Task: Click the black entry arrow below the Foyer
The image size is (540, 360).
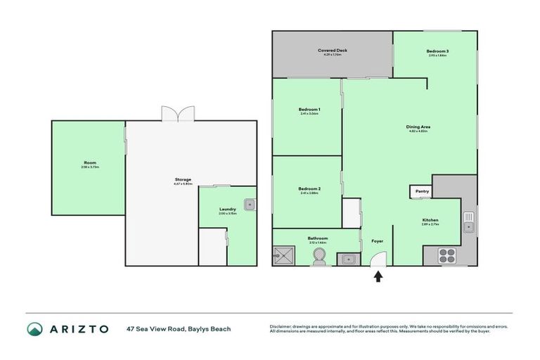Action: click(378, 276)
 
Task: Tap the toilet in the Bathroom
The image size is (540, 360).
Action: click(320, 257)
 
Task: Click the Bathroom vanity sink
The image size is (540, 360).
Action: click(348, 259)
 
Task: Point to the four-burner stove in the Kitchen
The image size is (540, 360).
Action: click(447, 255)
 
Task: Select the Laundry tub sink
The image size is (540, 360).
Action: click(249, 205)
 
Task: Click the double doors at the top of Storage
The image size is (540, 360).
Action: click(176, 114)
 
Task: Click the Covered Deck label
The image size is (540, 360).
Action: click(333, 51)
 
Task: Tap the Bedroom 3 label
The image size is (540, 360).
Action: click(437, 51)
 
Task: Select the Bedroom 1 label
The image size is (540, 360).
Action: click(309, 110)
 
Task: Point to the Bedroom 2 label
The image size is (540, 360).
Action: click(309, 189)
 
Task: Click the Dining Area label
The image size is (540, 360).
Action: click(418, 127)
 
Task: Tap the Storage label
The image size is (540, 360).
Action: click(183, 180)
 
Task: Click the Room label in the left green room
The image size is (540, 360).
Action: click(89, 164)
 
